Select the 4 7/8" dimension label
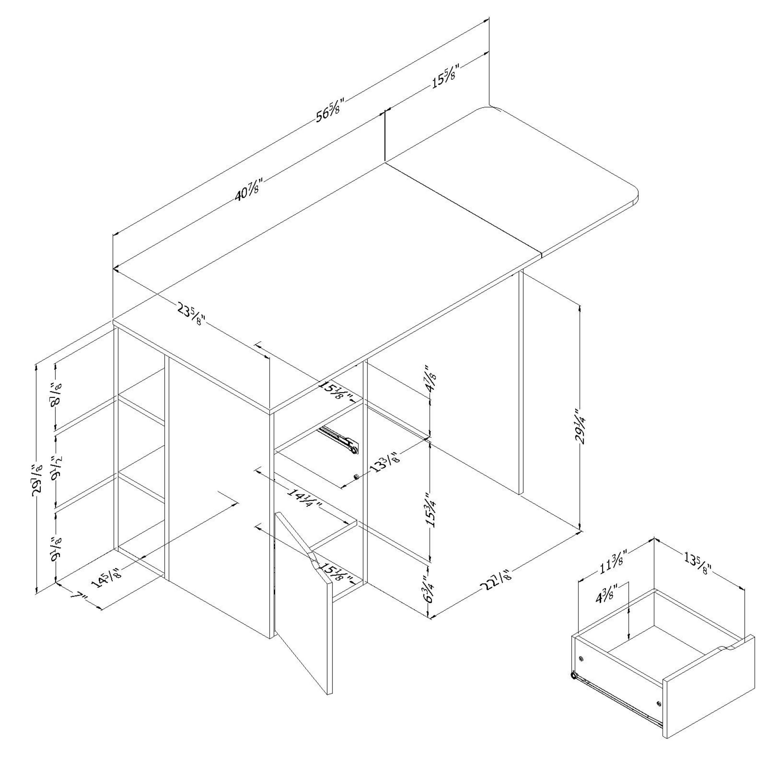(x=430, y=380)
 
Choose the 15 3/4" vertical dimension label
(x=430, y=509)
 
